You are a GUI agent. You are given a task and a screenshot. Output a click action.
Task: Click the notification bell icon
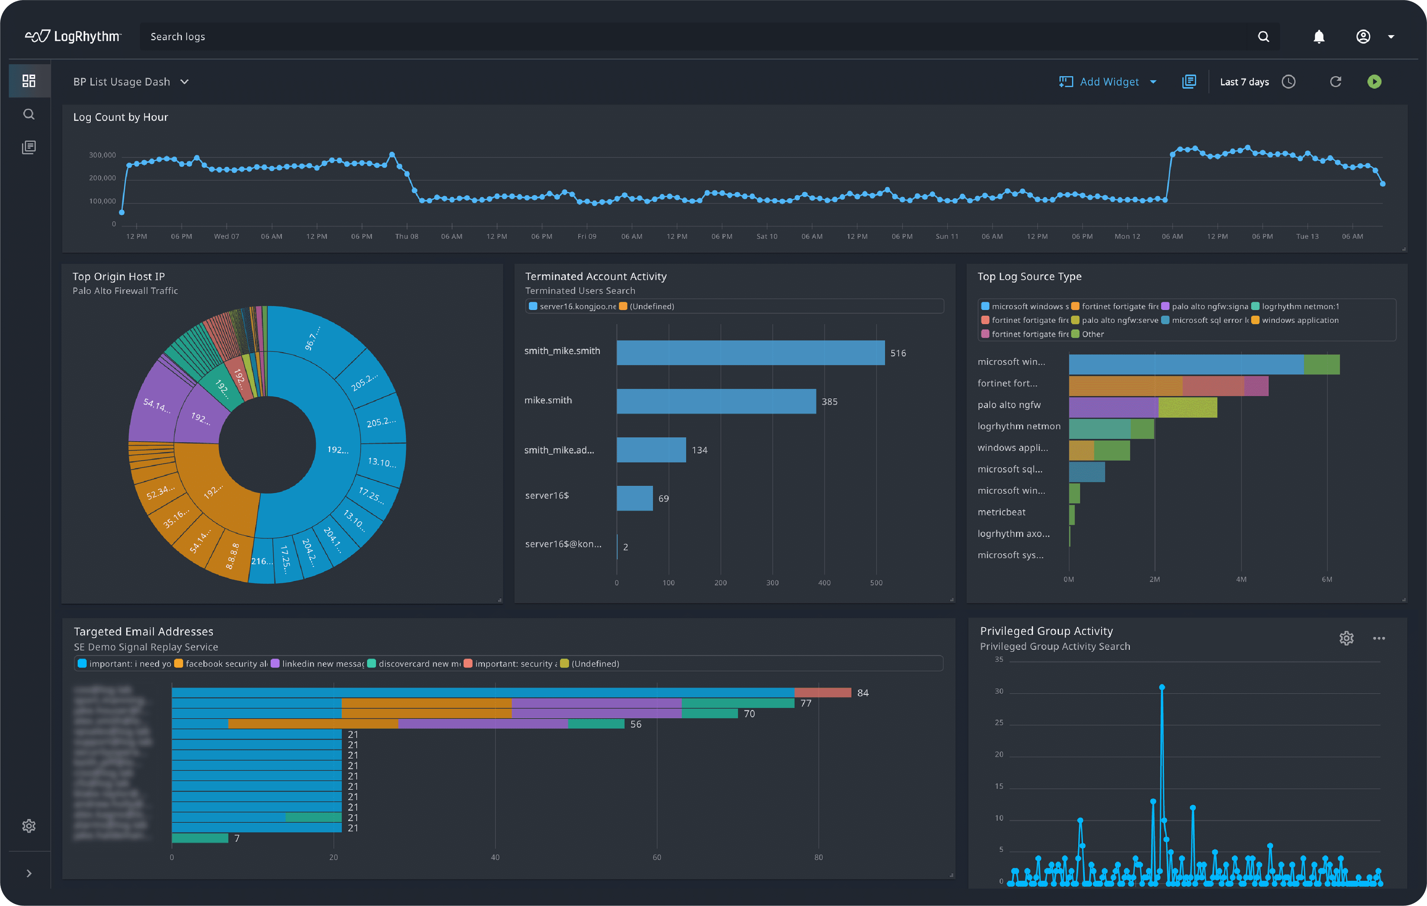coord(1319,37)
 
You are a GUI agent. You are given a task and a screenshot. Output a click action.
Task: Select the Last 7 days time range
coord(1244,82)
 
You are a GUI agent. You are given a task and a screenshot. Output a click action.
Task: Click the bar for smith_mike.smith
coord(750,353)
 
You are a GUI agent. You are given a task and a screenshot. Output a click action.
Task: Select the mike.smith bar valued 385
coord(715,402)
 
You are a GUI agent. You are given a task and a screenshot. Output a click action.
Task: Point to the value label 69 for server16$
coord(663,499)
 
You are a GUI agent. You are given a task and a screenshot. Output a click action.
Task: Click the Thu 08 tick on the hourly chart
coord(407,236)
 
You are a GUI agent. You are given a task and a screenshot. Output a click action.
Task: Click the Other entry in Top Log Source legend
coord(1092,334)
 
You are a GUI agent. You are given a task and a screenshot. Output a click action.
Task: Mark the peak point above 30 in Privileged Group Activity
coord(1162,687)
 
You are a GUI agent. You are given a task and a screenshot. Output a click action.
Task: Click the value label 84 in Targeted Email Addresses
coord(862,693)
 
